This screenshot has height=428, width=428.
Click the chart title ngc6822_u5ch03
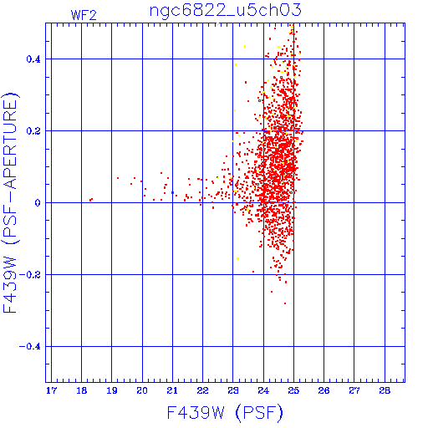[x=226, y=11]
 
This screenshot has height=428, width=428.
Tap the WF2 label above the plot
[x=84, y=15]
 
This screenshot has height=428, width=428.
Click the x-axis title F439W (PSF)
[x=225, y=413]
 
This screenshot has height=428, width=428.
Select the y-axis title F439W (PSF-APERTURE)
[x=10, y=202]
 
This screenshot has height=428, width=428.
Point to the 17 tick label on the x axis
[x=51, y=390]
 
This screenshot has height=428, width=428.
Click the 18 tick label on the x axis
[x=82, y=390]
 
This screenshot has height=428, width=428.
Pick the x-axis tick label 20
[x=142, y=390]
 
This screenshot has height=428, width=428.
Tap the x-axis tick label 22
[x=202, y=390]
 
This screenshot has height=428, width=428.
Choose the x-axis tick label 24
[x=263, y=390]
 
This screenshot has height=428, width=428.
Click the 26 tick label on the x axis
[x=324, y=390]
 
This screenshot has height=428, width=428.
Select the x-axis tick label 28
[x=385, y=390]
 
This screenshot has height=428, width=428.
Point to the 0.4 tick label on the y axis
[x=33, y=59]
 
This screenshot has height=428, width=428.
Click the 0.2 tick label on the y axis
[x=33, y=131]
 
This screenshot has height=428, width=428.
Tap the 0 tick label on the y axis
[x=38, y=203]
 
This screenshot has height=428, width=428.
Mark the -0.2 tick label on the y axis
[x=30, y=275]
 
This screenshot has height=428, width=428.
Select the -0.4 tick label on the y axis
[x=30, y=347]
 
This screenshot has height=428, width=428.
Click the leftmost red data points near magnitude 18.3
[x=91, y=200]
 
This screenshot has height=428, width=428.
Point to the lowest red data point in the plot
[x=285, y=303]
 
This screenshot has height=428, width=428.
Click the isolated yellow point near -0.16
[x=237, y=259]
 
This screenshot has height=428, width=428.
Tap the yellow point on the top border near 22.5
[x=217, y=24]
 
